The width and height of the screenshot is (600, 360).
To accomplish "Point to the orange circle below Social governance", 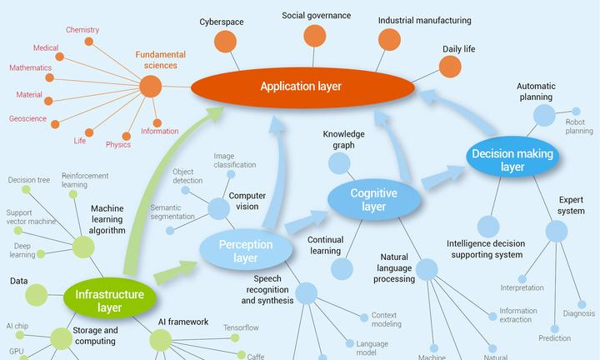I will point(314,36).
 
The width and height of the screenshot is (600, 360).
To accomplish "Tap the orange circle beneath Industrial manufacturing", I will point(389,39).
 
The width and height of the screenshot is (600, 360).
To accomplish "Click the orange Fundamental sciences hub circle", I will point(150,85).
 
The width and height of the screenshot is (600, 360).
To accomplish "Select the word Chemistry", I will point(82,30).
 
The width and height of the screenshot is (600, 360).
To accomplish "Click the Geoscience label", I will point(27,118).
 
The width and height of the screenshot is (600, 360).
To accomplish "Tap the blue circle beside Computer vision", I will point(217,208).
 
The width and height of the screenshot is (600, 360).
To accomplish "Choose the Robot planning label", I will point(579,126).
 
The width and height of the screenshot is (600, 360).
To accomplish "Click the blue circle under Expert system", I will point(556,231).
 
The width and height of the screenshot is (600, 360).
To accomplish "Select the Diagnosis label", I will point(578,313).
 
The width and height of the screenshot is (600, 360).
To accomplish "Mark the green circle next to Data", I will point(37,294).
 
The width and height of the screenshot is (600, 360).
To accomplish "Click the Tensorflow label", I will point(241,327).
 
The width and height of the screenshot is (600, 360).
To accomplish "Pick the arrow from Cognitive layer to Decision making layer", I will point(443,177).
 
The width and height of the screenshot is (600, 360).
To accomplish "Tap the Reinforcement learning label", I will point(85,180).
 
